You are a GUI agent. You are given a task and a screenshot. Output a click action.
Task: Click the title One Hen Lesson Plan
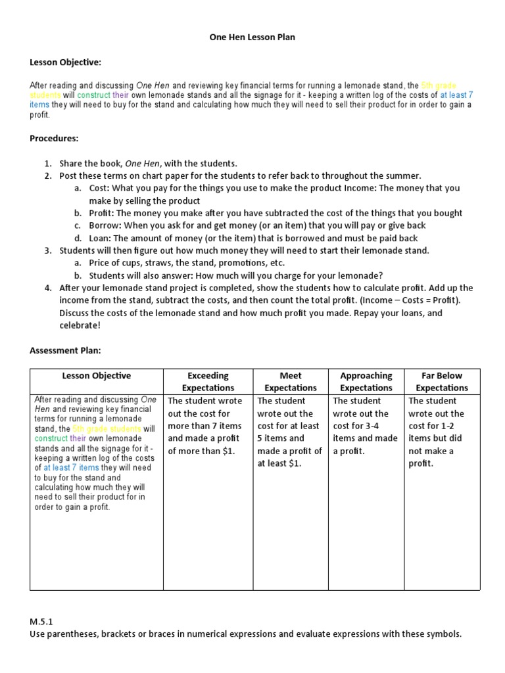[252, 37]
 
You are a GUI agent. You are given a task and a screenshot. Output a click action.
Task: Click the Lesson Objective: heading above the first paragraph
[66, 62]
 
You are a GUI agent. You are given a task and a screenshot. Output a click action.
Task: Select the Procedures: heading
[54, 139]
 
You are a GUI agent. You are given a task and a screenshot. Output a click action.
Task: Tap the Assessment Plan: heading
[65, 350]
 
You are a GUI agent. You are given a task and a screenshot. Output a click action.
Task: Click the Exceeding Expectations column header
[208, 382]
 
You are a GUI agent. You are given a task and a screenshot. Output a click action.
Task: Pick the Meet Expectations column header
[291, 382]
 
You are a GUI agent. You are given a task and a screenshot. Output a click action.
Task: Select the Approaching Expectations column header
[366, 382]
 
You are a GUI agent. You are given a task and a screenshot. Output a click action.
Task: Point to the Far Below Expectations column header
[441, 382]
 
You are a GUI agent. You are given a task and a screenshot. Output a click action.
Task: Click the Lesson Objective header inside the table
[97, 376]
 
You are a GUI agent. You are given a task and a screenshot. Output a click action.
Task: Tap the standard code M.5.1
[40, 622]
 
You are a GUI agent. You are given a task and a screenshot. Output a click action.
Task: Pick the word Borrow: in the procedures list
[105, 225]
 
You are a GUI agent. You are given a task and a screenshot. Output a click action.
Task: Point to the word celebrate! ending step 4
[80, 325]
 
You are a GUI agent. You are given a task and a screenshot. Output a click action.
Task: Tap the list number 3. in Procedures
[48, 250]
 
